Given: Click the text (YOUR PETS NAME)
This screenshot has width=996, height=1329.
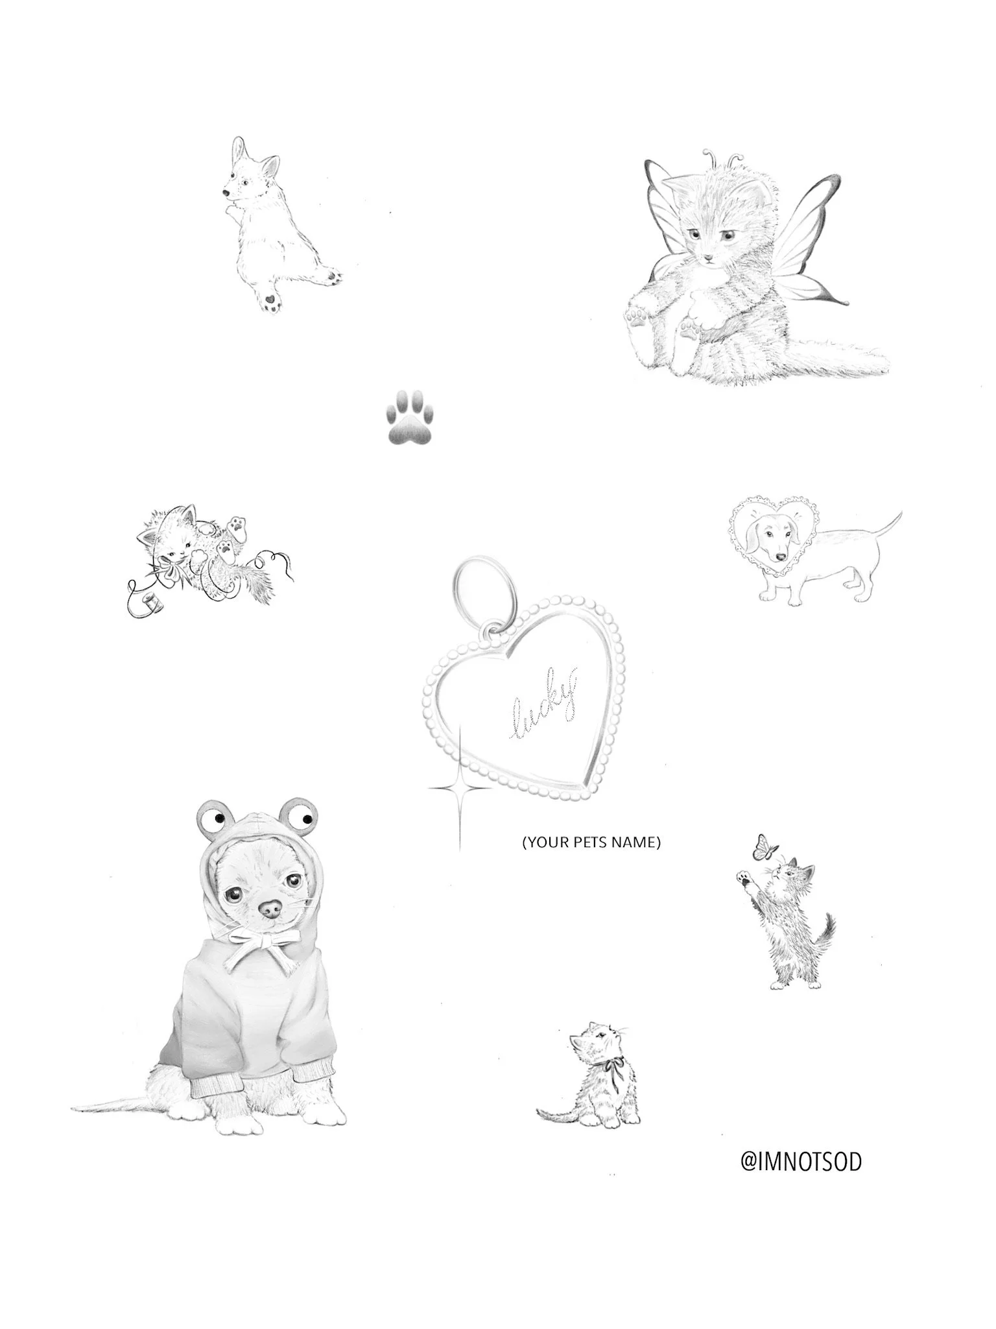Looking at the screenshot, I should pos(591,843).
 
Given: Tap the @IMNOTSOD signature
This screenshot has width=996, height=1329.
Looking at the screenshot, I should pos(801,1161).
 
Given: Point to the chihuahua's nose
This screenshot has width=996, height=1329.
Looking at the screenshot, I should pos(268,911).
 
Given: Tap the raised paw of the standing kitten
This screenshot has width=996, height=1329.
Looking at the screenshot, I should pos(742,880).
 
